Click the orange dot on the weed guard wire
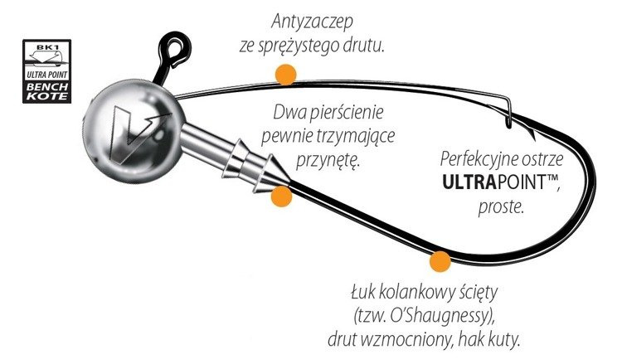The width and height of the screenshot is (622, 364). tap(286, 75)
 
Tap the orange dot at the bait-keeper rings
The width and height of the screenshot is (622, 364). tap(282, 197)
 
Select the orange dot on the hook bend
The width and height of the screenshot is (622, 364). tap(440, 263)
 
